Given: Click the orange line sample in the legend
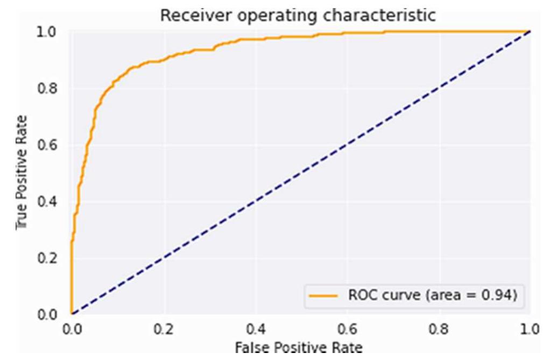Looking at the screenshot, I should coord(323,296).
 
